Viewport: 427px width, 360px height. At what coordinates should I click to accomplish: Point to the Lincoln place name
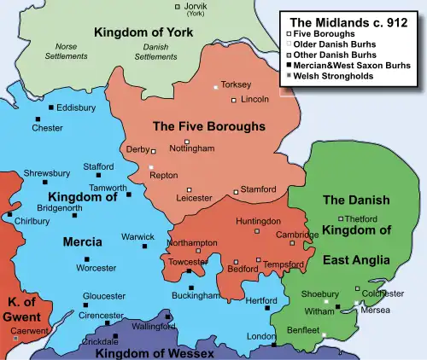(x=255, y=100)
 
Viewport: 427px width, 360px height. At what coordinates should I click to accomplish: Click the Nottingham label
(x=192, y=148)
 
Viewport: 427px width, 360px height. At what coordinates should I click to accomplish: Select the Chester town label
(x=47, y=128)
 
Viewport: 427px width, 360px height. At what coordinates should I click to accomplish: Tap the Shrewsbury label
(x=46, y=172)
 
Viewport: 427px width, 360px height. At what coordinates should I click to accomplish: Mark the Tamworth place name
(x=108, y=188)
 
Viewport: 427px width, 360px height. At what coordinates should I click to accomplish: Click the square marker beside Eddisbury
(x=51, y=107)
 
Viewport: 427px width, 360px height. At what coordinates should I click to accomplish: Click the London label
(x=259, y=337)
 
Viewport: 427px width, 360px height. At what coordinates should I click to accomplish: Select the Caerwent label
(x=29, y=330)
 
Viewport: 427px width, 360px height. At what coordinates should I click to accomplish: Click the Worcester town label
(x=96, y=268)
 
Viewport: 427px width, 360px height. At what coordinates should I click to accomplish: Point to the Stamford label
(x=258, y=189)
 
